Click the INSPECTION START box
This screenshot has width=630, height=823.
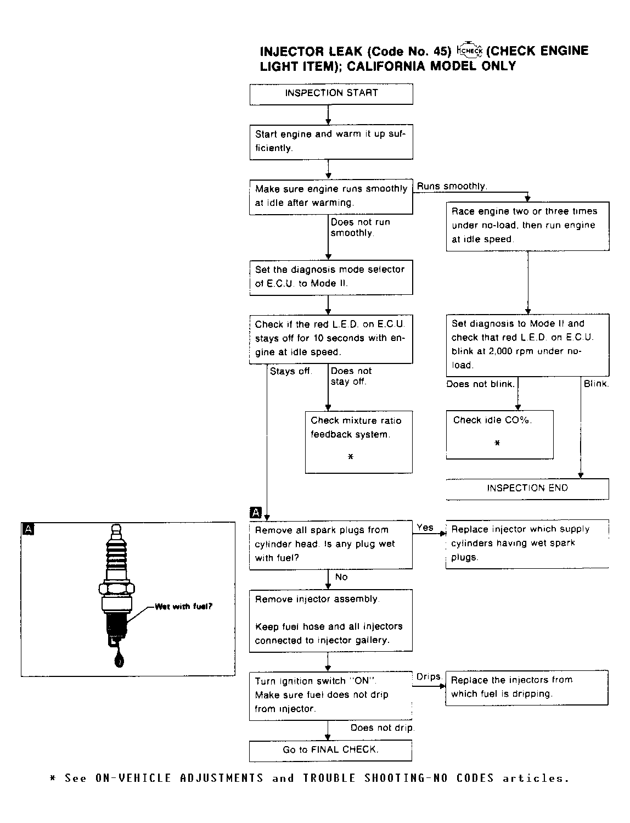(331, 93)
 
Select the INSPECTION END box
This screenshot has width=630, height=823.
(527, 488)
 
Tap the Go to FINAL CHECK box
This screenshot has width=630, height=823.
(330, 750)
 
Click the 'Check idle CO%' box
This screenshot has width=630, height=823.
(499, 434)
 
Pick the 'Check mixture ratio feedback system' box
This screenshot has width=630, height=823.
(358, 441)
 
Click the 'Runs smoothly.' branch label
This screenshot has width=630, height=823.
(452, 187)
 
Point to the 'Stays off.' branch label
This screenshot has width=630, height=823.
(291, 372)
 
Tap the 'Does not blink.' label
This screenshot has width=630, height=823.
(480, 384)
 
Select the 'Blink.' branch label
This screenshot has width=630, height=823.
(596, 384)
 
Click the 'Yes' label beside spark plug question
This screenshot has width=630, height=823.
(425, 528)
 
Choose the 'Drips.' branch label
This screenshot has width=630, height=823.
(429, 677)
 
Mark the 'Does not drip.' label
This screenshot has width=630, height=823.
(382, 728)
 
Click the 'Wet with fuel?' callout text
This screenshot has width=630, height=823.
(183, 607)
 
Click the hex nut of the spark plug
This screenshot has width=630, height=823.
(116, 589)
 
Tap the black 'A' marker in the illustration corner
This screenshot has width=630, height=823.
(28, 529)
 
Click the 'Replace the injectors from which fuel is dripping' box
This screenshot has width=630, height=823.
(526, 687)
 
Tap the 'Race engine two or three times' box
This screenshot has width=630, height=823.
(527, 226)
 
